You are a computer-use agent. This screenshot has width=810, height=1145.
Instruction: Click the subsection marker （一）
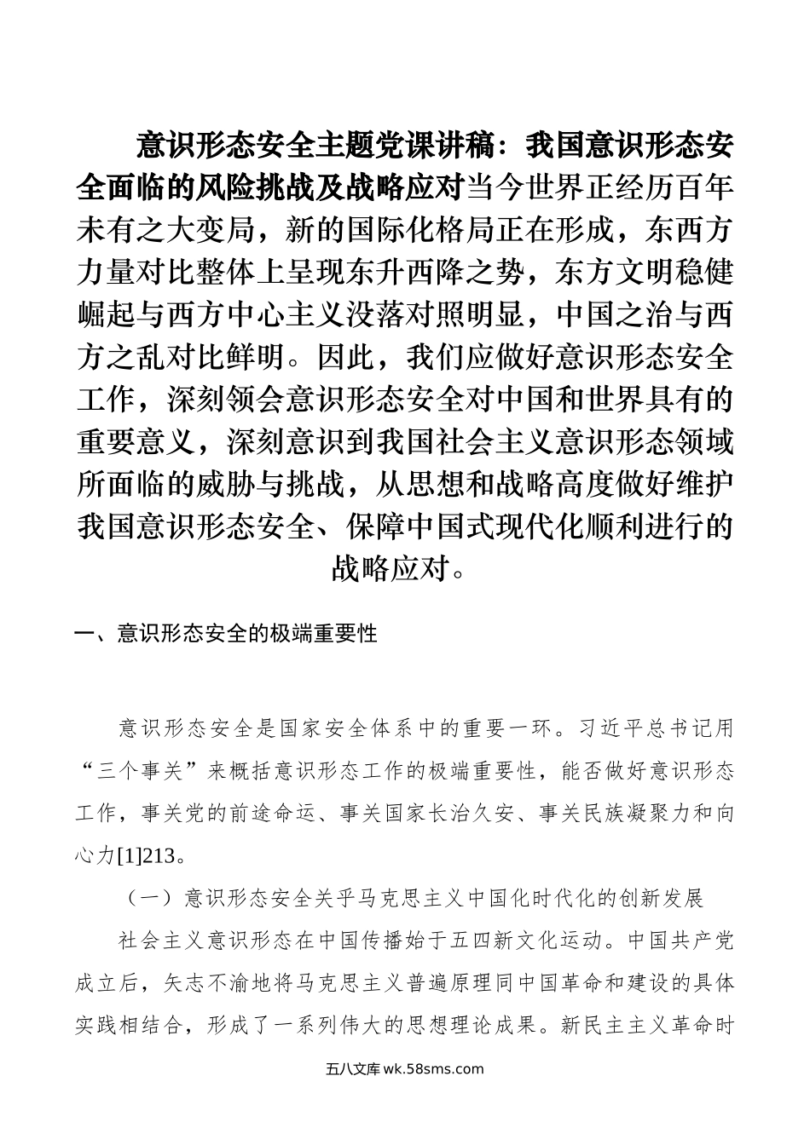click(150, 898)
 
